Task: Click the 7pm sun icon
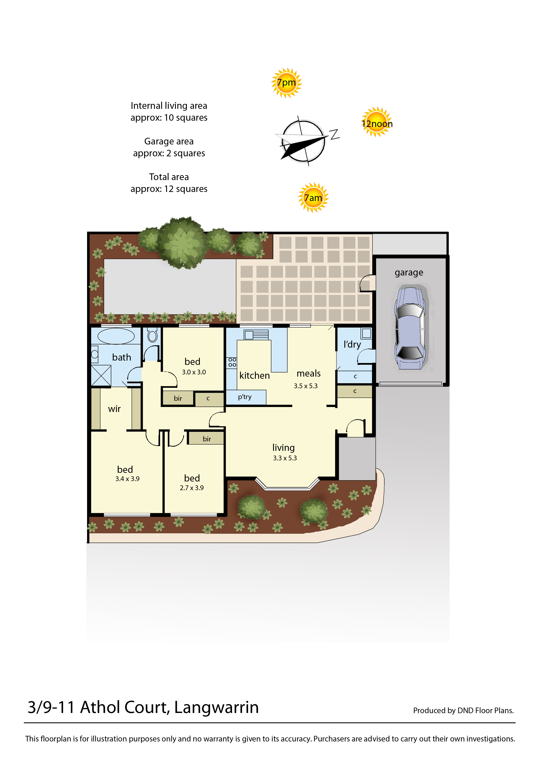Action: point(286,83)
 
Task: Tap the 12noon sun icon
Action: point(377,122)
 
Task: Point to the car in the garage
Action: point(410,328)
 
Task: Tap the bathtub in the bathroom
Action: point(116,336)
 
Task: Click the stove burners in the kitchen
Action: point(232,362)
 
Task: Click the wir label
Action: point(114,409)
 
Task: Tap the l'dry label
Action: point(352,345)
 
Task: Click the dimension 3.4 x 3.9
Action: point(127,479)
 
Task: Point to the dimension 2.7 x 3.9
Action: point(192,488)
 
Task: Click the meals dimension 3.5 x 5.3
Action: point(306,386)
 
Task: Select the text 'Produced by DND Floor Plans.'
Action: point(463,711)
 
